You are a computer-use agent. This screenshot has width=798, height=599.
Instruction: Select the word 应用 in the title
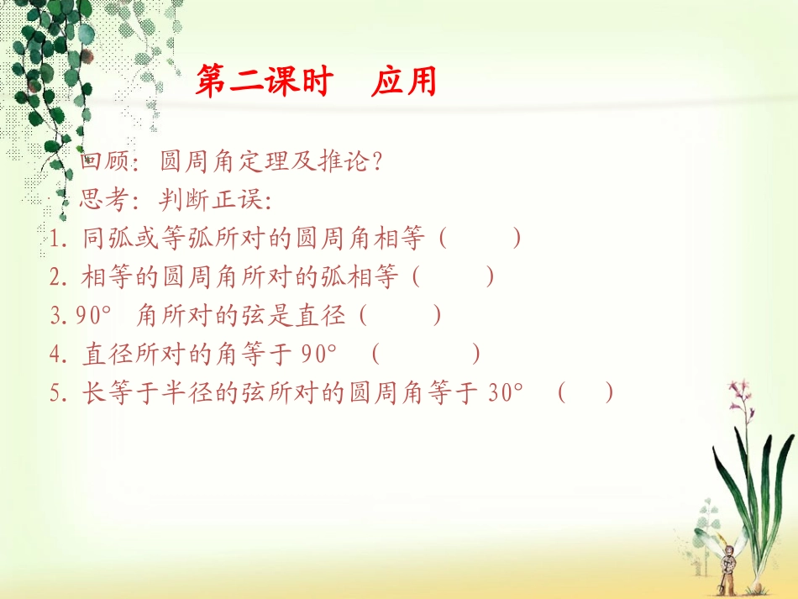404,82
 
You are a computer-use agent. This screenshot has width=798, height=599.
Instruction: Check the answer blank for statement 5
585,392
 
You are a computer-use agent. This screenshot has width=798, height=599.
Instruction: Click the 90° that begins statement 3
93,315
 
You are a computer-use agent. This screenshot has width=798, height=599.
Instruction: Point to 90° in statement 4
319,354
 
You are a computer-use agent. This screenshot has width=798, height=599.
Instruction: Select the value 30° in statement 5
505,392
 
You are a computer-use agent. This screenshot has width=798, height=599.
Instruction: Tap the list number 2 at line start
57,276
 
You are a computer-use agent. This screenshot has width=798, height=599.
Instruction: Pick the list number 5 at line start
57,392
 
